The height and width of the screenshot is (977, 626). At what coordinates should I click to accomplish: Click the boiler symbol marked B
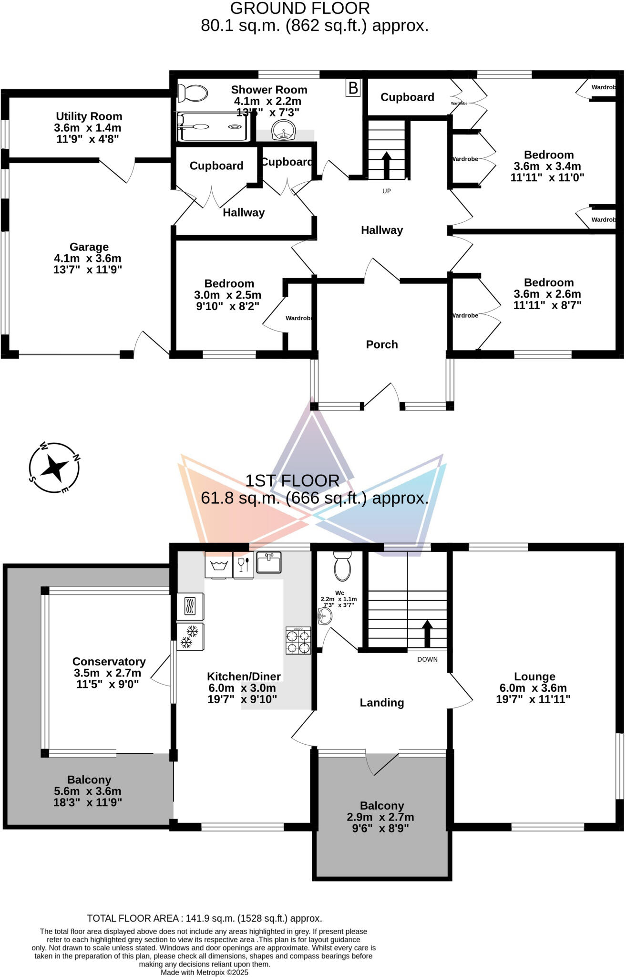click(353, 88)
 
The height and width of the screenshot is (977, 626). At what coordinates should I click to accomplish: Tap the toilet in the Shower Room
click(193, 93)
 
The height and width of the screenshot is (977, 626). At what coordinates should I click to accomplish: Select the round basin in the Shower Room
click(284, 130)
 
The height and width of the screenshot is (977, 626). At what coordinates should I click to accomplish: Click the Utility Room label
click(89, 116)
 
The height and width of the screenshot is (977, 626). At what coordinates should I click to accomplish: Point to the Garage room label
click(89, 247)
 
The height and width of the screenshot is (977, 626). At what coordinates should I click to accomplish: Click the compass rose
click(54, 468)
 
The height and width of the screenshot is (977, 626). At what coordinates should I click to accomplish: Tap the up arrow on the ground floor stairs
click(386, 164)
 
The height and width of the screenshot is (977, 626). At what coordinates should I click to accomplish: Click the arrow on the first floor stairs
click(427, 633)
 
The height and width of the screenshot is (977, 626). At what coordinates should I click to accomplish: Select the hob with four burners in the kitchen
click(298, 640)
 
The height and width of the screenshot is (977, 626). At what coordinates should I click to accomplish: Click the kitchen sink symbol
click(269, 562)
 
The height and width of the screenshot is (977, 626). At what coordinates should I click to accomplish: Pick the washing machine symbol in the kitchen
click(218, 565)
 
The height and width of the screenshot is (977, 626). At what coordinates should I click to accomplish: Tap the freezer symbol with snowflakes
click(190, 637)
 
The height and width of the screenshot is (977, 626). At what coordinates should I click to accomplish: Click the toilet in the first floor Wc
click(342, 566)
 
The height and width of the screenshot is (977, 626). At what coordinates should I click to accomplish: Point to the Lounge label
click(534, 676)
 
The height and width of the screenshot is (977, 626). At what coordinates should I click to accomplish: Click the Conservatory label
click(109, 662)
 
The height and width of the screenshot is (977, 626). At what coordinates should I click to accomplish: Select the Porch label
click(381, 344)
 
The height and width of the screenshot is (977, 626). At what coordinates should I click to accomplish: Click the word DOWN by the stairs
click(427, 659)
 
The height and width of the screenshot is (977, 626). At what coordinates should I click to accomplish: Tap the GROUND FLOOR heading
click(300, 9)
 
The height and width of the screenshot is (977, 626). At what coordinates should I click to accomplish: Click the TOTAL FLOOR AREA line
click(205, 918)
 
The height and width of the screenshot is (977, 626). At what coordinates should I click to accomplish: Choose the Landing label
click(381, 703)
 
